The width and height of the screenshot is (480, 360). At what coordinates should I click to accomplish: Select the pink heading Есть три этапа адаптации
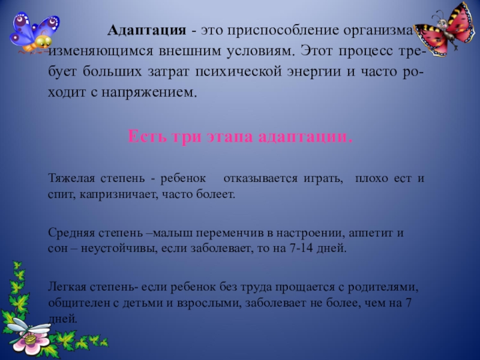[x=240, y=136]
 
